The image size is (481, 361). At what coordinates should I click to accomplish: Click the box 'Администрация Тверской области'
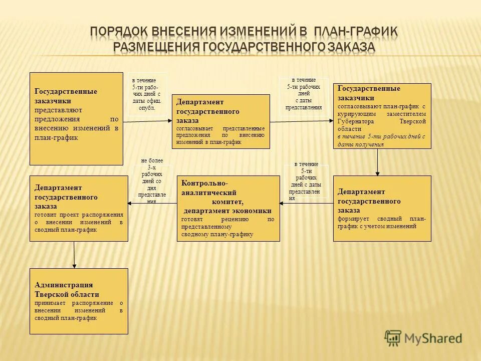(79, 301)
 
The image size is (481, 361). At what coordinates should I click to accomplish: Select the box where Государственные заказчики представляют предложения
(76, 119)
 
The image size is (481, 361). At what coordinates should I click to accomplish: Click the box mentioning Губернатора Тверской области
(382, 116)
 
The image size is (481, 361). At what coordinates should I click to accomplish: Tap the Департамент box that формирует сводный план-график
(382, 208)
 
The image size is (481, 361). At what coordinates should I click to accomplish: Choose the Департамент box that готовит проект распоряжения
(79, 208)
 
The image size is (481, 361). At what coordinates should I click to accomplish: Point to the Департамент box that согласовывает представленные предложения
(221, 121)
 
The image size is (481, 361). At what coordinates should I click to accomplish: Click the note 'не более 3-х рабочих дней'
(153, 180)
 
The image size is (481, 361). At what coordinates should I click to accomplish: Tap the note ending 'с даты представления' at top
(304, 94)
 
